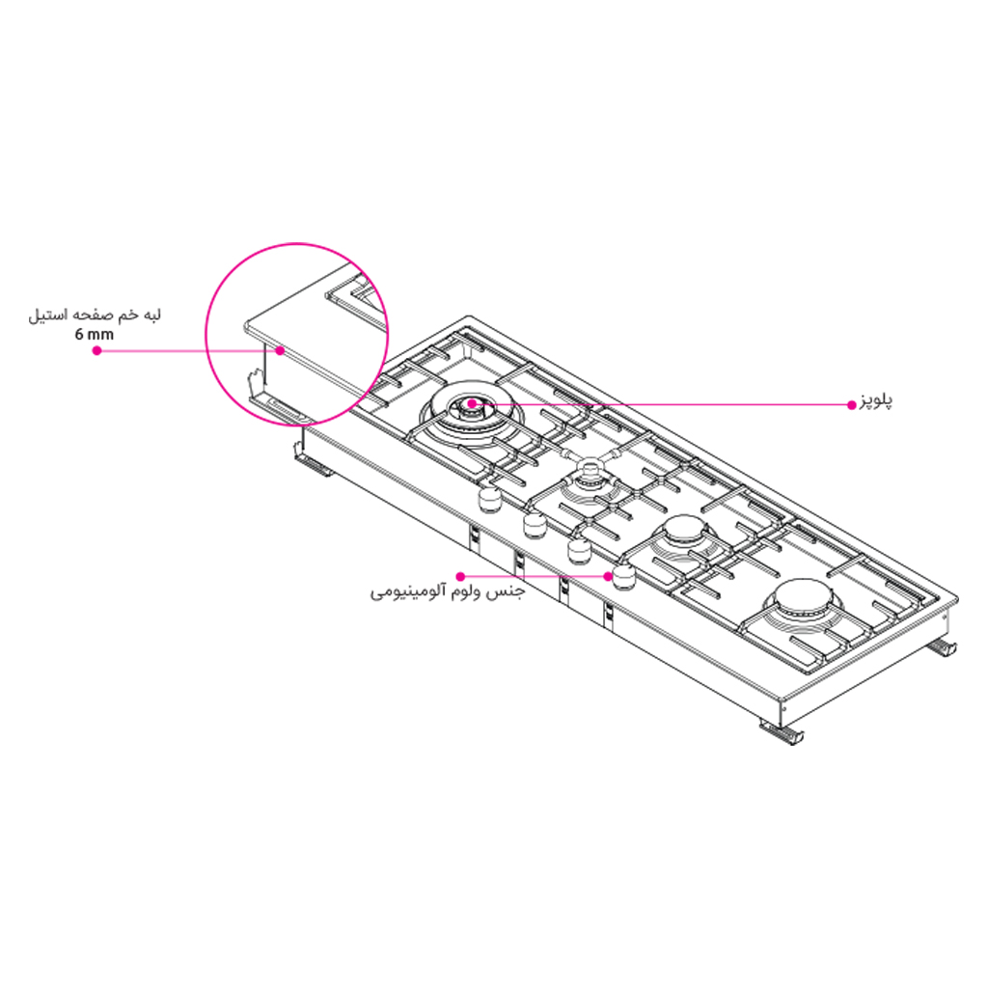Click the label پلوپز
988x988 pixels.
click(876, 401)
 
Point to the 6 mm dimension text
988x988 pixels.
click(93, 334)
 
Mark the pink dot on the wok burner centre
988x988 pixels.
click(471, 403)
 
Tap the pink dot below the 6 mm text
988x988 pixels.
click(96, 351)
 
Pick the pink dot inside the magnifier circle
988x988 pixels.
click(280, 351)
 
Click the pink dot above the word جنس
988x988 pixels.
click(461, 576)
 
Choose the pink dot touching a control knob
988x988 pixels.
click(610, 576)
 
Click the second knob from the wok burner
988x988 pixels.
click(535, 524)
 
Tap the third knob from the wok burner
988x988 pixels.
click(580, 550)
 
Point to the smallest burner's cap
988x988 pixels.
click(588, 474)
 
